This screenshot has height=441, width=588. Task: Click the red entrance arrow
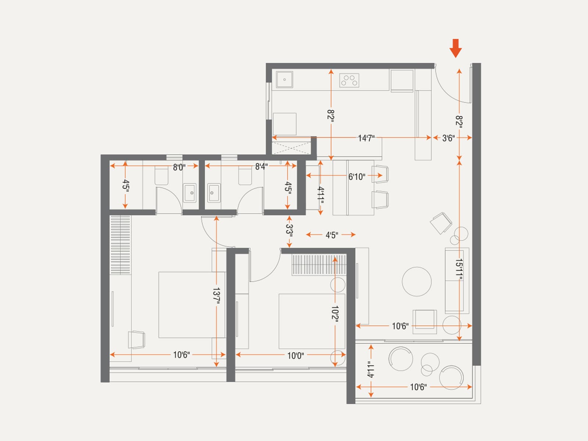pos(455,48)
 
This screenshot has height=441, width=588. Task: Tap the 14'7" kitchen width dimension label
pos(366,138)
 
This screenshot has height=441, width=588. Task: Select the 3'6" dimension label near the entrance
pos(448,138)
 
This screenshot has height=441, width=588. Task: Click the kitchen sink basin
pos(284,79)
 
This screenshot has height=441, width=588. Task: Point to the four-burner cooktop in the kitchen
pos(349,80)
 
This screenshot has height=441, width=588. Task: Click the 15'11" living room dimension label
pos(459,270)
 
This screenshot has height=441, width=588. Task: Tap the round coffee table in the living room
pos(416,282)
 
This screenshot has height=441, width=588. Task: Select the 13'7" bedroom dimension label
pos(216,296)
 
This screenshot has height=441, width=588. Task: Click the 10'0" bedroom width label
pos(295,356)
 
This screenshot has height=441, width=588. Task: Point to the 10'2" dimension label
pos(334,314)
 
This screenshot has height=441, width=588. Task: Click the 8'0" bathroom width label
pos(179,168)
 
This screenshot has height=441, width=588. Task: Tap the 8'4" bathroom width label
pos(261,166)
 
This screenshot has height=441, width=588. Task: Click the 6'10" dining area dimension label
pos(356,177)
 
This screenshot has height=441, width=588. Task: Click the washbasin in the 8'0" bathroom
pos(190,193)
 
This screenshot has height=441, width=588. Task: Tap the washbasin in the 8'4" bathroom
pos(214,193)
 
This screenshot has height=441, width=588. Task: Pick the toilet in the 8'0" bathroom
pos(162,176)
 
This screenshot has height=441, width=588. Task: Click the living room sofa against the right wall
pos(457,281)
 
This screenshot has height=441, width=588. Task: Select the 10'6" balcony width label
pos(418,387)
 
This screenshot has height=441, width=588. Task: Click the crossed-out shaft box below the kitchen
pos(291,148)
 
